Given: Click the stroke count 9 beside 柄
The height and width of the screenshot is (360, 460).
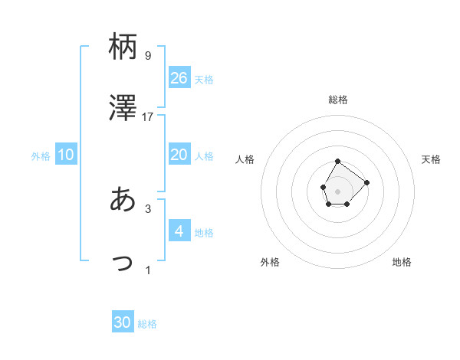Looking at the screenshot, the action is (x=148, y=56).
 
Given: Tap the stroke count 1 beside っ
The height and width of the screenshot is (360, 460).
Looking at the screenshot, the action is (x=148, y=270).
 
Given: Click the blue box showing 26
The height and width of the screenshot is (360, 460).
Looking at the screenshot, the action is (x=179, y=78).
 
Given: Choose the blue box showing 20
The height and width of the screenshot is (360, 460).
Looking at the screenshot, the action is (x=179, y=155).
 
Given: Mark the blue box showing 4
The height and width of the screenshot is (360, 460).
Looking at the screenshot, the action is (x=179, y=231).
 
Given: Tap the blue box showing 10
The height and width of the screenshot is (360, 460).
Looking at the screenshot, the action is (x=66, y=155).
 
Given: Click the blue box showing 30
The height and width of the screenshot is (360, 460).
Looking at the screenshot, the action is (x=123, y=322).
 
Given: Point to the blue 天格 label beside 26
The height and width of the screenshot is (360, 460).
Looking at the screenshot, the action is (x=204, y=80).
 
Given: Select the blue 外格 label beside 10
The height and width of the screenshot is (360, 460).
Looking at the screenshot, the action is (x=41, y=156).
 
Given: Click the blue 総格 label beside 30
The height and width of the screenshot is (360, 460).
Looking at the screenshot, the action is (x=148, y=324).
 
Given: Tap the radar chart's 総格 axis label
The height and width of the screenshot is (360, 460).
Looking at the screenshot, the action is (x=338, y=100).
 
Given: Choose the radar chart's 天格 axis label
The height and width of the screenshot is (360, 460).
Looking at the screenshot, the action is (x=432, y=159).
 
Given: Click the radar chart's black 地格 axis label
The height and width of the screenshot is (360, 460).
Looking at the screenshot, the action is (x=402, y=262).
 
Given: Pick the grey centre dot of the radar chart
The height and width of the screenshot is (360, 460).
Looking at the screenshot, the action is (x=338, y=190).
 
